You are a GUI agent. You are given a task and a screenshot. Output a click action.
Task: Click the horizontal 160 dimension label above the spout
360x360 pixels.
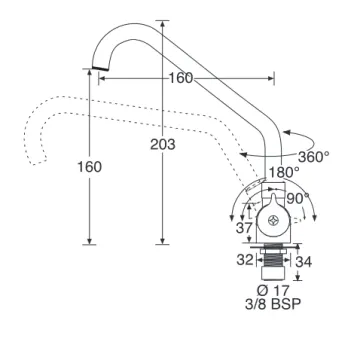tap(181, 78)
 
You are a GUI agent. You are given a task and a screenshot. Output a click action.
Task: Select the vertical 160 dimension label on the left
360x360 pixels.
tap(89, 167)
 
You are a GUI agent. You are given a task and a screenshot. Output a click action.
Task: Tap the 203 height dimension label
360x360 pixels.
tap(163, 144)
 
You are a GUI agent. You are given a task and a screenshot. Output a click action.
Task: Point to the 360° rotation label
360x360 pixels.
tap(314, 157)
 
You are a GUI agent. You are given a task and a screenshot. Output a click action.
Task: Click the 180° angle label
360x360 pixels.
tap(284, 172)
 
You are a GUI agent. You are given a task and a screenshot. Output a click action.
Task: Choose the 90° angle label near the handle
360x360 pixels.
tap(298, 199)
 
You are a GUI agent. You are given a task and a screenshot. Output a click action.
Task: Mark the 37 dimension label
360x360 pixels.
tap(244, 228)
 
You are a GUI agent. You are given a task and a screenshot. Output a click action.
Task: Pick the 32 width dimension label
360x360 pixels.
tap(245, 260)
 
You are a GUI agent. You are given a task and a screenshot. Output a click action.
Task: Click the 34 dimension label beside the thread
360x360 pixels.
tap(304, 262)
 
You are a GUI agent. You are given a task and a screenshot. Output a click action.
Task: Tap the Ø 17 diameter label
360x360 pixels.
tap(273, 290)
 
